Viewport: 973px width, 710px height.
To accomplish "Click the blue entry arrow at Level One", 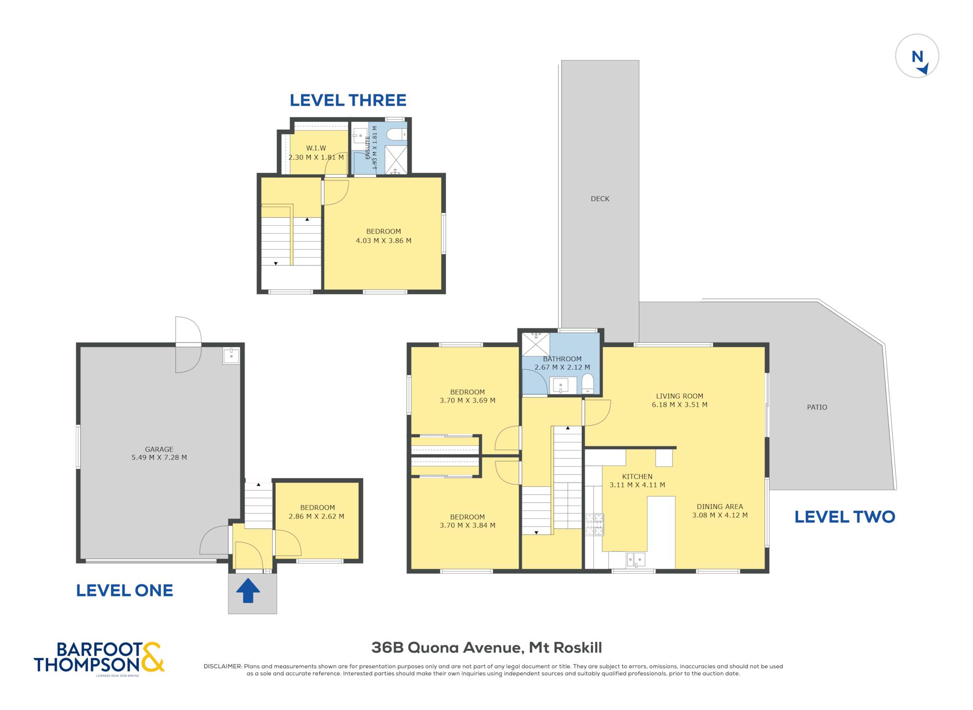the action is click(248, 590).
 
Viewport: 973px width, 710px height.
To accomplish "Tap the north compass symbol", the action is click(917, 56).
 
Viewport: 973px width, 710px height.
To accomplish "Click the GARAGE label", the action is click(159, 449).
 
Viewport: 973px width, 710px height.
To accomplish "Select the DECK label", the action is click(600, 199).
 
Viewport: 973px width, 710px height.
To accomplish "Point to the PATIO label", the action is click(817, 407).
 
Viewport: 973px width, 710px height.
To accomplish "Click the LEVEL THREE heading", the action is click(348, 100).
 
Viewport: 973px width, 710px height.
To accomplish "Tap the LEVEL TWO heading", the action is click(845, 517).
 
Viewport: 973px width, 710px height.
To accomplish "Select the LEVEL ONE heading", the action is click(124, 590).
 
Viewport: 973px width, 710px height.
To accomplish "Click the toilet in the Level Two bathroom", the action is click(588, 384).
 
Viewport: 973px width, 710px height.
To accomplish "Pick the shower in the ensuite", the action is click(396, 160).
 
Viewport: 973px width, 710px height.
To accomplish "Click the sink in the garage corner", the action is click(231, 355).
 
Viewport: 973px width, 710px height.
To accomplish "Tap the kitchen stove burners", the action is click(594, 524).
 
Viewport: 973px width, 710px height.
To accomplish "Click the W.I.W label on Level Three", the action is click(316, 148).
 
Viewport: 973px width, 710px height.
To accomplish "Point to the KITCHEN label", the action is click(637, 477).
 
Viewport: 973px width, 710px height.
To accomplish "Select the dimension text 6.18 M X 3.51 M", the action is click(679, 405).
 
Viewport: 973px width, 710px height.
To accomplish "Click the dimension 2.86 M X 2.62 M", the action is click(316, 517).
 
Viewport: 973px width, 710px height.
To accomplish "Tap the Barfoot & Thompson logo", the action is click(99, 658).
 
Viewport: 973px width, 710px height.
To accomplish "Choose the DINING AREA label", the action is click(720, 507).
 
